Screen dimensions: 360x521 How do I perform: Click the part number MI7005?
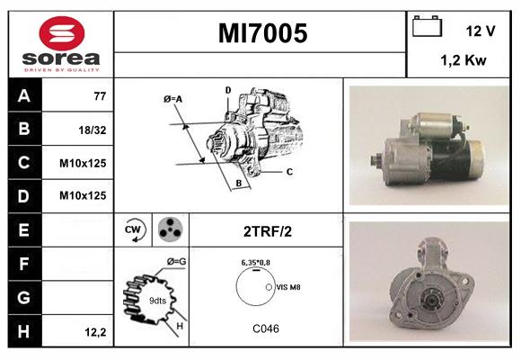[262, 33]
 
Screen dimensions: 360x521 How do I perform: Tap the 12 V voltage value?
[481, 31]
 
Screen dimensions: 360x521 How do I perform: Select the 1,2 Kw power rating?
[464, 60]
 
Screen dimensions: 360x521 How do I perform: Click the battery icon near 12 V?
[426, 28]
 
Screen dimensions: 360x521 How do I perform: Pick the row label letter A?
[23, 94]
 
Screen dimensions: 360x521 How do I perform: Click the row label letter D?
[23, 194]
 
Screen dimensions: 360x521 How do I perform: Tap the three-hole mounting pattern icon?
[168, 229]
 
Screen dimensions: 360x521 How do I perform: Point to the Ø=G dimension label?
[176, 262]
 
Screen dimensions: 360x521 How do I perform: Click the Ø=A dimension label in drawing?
[173, 99]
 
